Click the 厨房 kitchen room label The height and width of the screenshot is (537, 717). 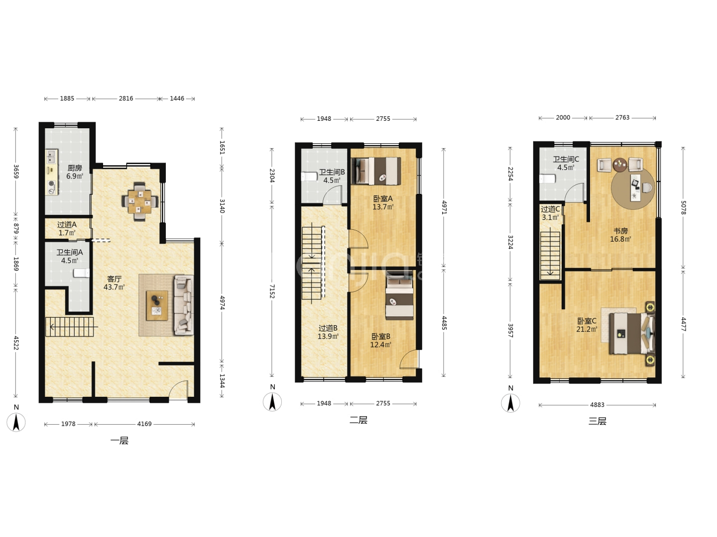(75, 168)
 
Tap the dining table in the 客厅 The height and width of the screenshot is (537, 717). (139, 201)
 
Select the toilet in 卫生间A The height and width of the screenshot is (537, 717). (81, 273)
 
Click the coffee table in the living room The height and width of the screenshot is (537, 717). (157, 305)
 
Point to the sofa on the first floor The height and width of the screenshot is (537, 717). (184, 305)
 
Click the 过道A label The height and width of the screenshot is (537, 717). (67, 225)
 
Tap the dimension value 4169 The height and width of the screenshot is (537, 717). (144, 424)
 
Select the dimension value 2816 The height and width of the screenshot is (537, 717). (126, 98)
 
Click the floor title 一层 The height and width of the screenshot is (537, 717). (119, 441)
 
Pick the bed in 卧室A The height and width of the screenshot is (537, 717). (376, 171)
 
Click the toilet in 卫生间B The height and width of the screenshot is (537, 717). (309, 177)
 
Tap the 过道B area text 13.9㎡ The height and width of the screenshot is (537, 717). (328, 336)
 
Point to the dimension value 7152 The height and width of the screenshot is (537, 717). (272, 291)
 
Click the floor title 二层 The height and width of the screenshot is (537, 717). (358, 420)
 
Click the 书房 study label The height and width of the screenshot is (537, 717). (620, 231)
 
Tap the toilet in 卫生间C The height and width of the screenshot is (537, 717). (548, 179)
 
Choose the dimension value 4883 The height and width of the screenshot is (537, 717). (597, 405)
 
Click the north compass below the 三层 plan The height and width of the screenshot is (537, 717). (510, 403)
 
